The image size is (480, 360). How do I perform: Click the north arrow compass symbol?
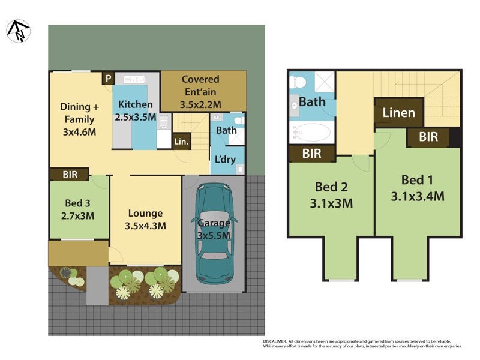(18, 31)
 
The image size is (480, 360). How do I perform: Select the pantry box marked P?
(107, 78)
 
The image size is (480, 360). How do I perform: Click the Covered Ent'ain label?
(200, 92)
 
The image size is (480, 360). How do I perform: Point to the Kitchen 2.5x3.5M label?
(136, 110)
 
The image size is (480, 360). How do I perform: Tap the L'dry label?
(225, 160)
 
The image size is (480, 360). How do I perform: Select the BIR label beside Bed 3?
(70, 175)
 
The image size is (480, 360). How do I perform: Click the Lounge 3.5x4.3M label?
(145, 220)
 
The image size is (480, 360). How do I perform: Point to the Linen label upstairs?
(398, 113)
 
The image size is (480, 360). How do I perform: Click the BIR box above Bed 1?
(428, 137)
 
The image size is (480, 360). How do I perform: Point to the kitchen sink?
(131, 79)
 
